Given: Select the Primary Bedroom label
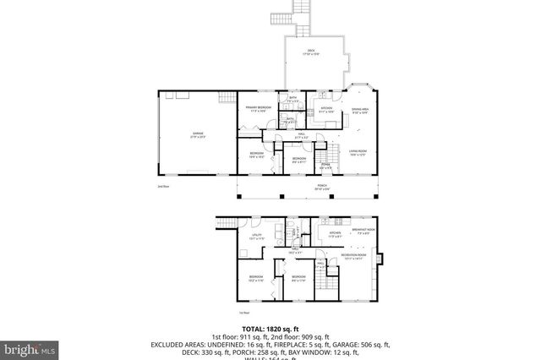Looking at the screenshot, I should tap(258, 108).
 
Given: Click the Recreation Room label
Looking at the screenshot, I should tap(353, 256).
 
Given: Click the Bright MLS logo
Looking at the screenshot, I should tap(28, 346).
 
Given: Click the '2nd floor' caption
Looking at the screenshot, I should tap(163, 186).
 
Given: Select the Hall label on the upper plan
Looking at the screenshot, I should tap(301, 134).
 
